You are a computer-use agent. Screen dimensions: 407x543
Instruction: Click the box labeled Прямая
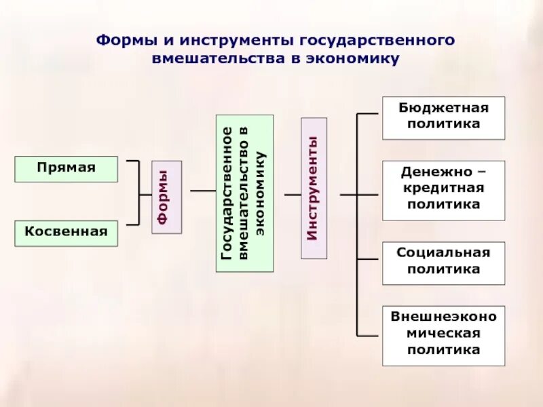click(x=66, y=169)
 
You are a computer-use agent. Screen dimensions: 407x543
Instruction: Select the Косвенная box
click(x=66, y=233)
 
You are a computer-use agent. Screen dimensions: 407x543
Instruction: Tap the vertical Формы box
click(x=166, y=197)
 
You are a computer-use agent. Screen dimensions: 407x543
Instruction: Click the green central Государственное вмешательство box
click(x=244, y=193)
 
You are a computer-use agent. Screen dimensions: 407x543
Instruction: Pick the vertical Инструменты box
click(x=314, y=188)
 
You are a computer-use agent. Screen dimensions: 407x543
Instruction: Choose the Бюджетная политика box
click(x=443, y=117)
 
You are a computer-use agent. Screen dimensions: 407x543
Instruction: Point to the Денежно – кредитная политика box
click(x=443, y=190)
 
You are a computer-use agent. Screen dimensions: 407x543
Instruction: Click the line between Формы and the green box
click(x=203, y=191)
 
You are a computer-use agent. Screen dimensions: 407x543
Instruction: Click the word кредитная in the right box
click(x=443, y=188)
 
